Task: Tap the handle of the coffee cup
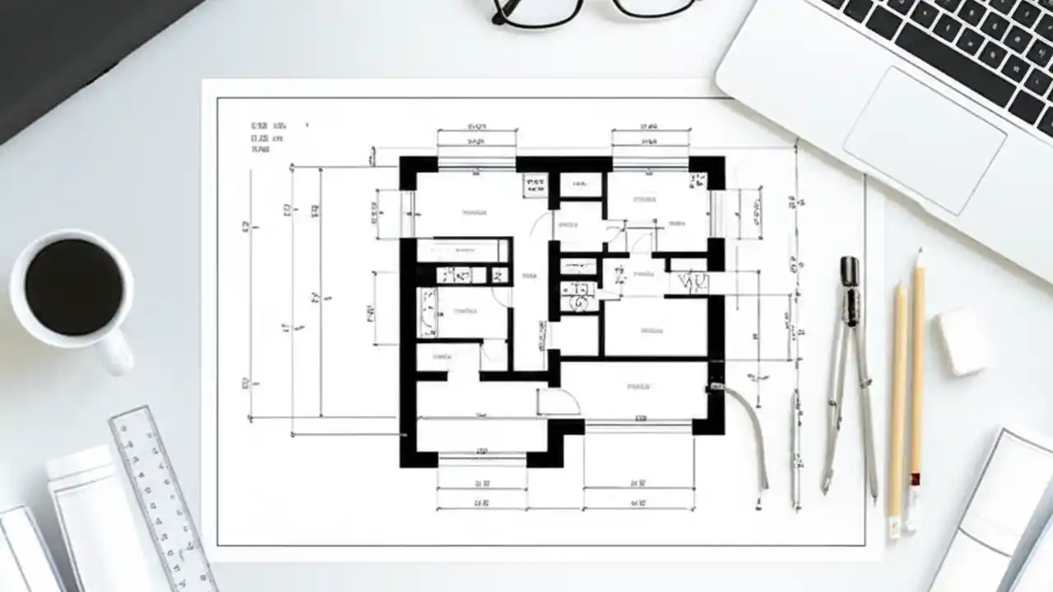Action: [118, 350]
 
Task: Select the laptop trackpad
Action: [923, 140]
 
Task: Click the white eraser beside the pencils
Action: [961, 340]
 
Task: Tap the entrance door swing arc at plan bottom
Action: [559, 401]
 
